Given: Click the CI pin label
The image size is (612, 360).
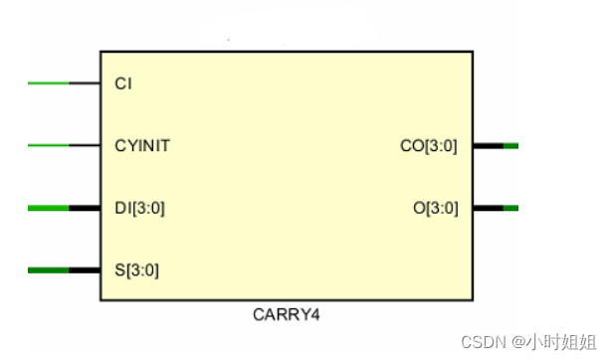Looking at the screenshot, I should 123,84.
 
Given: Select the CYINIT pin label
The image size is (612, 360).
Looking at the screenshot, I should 142,146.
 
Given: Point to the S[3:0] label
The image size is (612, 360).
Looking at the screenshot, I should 136,270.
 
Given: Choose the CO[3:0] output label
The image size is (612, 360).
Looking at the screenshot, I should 428,146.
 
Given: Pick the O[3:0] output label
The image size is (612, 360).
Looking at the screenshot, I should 435,208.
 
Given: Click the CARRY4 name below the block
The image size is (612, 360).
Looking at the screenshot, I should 286,315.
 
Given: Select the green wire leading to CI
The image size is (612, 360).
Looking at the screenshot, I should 48,84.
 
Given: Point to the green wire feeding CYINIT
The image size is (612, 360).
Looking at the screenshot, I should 48,146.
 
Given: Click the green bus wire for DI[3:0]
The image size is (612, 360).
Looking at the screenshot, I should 48,208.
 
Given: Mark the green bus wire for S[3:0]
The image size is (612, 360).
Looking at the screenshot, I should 48,270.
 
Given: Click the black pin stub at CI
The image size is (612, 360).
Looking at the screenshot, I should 85,84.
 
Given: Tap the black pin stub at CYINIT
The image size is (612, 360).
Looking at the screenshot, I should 85,146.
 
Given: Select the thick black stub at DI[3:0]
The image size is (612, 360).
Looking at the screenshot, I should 85,208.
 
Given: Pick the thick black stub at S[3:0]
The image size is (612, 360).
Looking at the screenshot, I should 85,270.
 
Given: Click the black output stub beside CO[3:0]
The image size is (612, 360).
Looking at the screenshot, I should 488,146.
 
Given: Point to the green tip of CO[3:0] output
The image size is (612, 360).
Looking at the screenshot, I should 510,146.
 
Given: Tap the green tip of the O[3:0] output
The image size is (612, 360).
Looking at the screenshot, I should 510,208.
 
